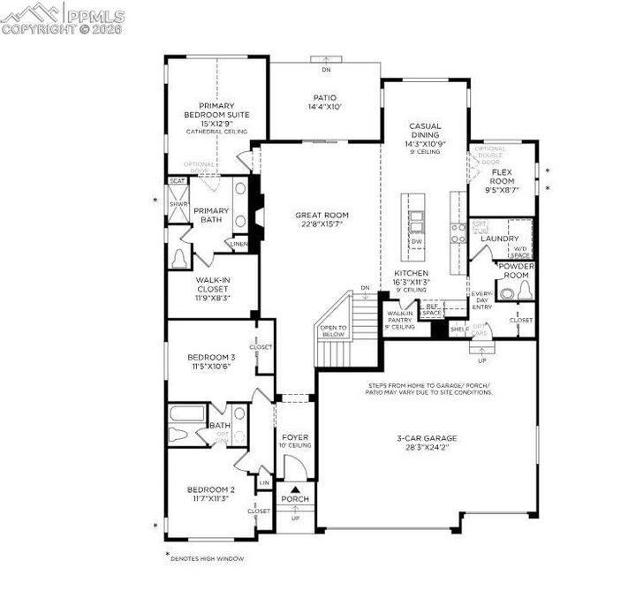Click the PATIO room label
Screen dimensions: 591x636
tap(325, 98)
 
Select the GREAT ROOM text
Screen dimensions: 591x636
tap(321, 215)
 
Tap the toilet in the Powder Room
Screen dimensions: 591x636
tap(521, 288)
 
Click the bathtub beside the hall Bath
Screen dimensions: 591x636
tap(186, 416)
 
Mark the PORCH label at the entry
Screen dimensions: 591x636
tap(295, 499)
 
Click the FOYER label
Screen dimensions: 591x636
tap(295, 437)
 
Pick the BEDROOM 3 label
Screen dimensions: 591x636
tap(210, 357)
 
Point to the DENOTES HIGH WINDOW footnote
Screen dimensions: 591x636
tap(207, 558)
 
